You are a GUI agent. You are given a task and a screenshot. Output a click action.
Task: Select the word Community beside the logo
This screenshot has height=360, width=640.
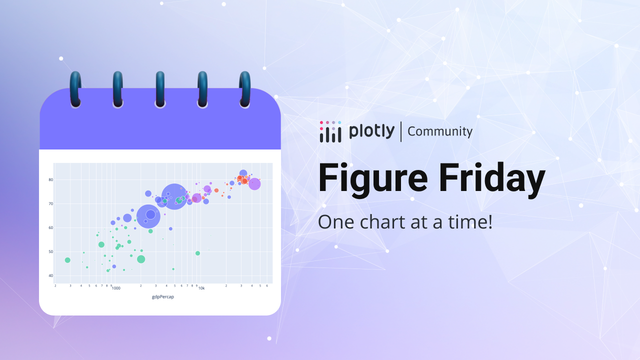440,131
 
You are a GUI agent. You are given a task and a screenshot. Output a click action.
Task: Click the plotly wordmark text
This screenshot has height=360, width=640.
371,131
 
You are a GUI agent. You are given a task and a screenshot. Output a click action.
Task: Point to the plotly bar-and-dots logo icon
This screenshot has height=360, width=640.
330,131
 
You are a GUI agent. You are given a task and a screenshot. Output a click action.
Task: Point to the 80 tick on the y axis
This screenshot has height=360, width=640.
51,179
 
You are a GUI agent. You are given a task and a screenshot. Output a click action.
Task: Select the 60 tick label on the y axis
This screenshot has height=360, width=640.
51,227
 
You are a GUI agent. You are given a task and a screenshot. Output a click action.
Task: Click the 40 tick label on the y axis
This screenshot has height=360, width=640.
51,275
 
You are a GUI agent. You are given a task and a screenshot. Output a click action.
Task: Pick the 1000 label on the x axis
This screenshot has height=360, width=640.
116,288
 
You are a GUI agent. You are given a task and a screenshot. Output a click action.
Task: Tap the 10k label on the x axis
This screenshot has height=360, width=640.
201,288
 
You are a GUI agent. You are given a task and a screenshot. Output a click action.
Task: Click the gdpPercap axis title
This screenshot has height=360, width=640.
163,297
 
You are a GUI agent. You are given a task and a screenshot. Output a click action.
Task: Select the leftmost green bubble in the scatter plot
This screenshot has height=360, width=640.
67,260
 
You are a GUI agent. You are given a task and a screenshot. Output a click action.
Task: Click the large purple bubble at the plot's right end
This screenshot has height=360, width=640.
254,184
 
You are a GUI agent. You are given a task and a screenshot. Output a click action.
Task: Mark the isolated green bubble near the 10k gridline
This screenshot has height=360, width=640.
197,253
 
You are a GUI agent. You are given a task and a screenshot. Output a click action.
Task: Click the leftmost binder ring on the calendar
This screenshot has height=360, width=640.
75,89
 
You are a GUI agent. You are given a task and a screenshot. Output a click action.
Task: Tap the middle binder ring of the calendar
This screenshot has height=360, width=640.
160,89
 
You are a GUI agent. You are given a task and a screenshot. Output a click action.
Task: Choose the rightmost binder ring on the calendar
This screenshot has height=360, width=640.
245,89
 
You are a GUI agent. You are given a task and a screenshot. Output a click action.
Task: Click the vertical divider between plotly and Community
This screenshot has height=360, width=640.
401,131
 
